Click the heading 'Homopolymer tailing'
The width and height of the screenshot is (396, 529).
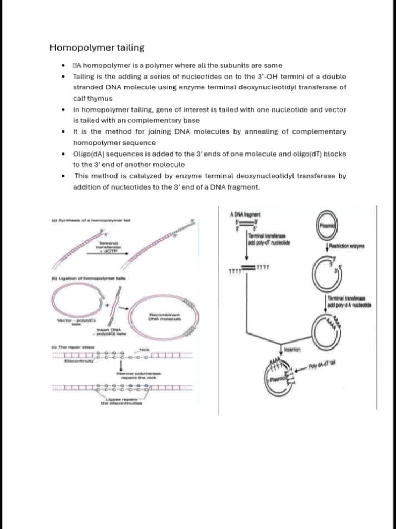(96, 48)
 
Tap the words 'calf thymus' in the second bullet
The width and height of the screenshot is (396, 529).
(92, 98)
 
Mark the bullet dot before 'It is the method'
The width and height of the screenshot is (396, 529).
(62, 132)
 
